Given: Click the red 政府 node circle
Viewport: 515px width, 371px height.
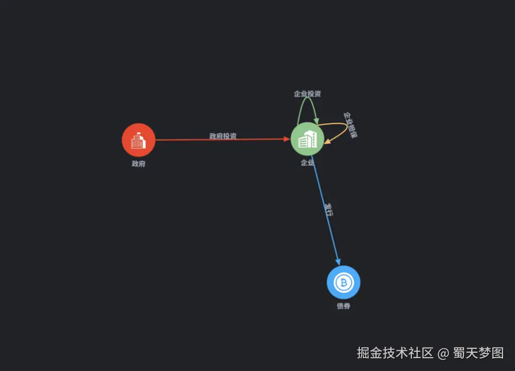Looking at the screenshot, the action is click(138, 140).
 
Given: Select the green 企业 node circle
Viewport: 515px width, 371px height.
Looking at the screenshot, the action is click(307, 139).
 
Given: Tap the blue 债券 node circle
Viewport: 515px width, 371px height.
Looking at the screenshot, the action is click(343, 282).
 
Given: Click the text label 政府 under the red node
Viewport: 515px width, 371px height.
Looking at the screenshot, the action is click(138, 164).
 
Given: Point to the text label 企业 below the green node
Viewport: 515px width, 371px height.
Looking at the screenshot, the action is click(307, 163).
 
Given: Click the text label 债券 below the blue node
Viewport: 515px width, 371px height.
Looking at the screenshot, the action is click(343, 306).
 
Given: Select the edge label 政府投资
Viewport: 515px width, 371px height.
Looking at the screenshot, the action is click(223, 136).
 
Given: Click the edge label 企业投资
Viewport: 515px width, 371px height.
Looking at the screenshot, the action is click(307, 94).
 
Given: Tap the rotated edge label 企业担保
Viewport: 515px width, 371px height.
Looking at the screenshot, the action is click(351, 125).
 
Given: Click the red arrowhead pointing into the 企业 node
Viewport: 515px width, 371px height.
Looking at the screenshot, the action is click(287, 139).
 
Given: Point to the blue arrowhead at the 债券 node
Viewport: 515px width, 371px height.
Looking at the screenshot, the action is click(338, 262).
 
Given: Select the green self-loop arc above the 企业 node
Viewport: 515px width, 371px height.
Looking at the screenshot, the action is click(307, 98).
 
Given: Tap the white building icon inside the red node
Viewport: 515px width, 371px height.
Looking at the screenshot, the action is click(138, 141).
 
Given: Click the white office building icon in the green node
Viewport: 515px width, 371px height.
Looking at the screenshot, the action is click(307, 139).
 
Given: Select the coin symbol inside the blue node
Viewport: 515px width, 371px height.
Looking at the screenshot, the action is click(343, 282).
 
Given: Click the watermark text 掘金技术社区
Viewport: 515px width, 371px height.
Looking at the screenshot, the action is click(395, 353).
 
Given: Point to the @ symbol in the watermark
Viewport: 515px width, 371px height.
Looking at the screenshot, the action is click(443, 353).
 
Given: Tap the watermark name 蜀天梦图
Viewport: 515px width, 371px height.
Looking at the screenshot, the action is click(478, 353).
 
